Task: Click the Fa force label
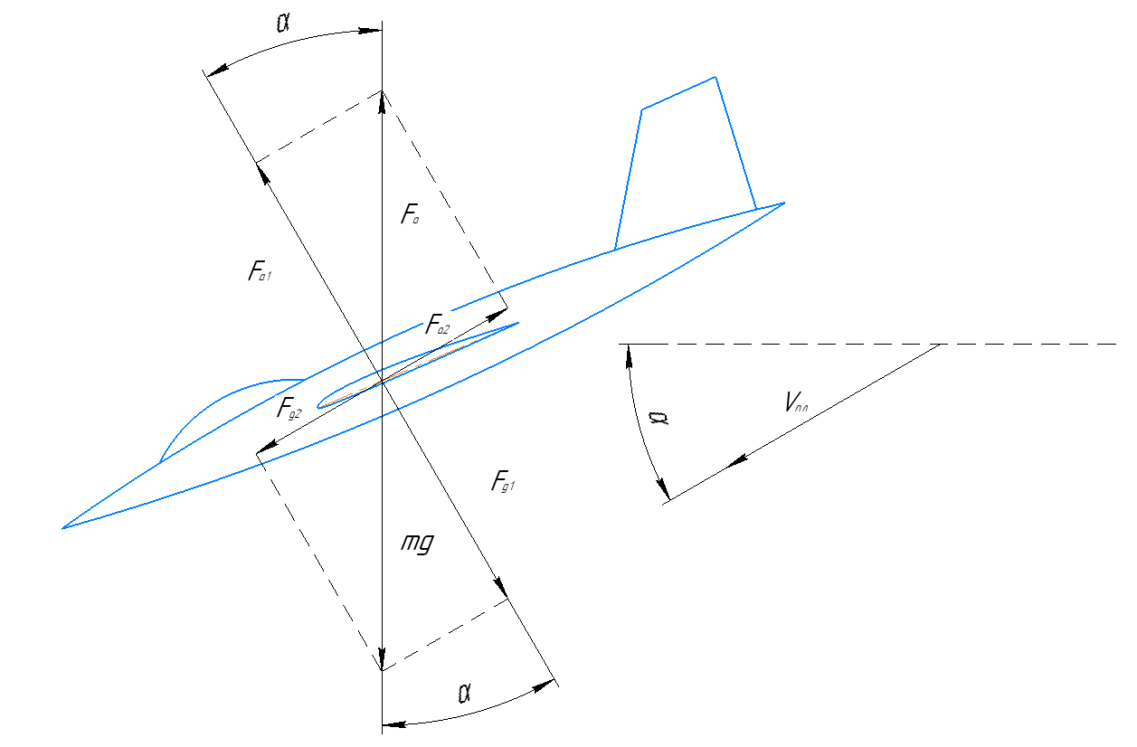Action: [410, 213]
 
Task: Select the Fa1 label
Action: [260, 270]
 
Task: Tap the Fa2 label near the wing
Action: [437, 325]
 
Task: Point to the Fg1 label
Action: [503, 480]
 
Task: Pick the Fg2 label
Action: [289, 408]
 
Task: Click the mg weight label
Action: [417, 544]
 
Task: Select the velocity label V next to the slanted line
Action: [796, 402]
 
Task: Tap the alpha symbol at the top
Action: [283, 23]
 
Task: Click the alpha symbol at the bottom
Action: [464, 694]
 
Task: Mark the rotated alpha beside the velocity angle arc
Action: [659, 418]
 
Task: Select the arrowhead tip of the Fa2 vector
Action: [507, 308]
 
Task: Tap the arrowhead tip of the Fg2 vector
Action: [256, 453]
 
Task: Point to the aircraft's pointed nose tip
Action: [62, 529]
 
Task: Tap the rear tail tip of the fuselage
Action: [785, 203]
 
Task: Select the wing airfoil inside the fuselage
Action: [418, 364]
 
